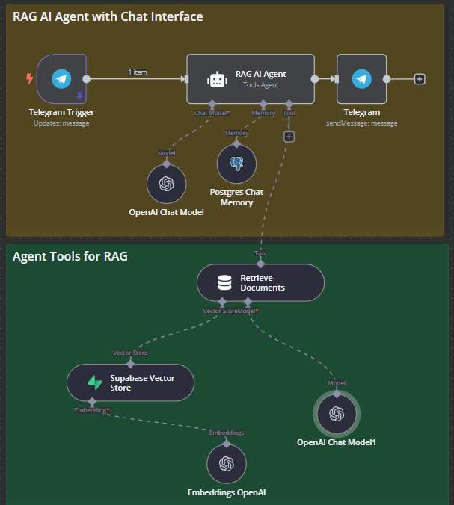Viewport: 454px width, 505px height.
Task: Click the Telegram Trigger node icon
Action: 61,78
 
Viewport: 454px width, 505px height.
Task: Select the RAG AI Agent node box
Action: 251,78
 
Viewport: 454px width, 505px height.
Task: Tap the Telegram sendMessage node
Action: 362,78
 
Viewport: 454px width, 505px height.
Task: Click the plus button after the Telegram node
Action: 420,78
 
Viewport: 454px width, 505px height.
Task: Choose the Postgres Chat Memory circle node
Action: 236,164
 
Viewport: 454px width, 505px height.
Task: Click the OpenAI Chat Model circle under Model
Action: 166,183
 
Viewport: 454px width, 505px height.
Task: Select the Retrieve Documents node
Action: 260,283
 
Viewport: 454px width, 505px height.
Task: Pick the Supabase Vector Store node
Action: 130,383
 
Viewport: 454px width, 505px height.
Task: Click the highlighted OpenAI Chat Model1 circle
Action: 337,414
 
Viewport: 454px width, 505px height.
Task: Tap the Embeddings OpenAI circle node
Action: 226,463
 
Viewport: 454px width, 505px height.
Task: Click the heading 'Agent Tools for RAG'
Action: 70,256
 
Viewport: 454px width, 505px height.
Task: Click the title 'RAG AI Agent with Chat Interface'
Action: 108,16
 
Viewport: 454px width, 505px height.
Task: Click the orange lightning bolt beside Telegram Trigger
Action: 29,78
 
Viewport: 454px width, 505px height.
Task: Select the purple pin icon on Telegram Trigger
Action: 80,96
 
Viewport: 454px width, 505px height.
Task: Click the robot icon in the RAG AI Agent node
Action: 217,79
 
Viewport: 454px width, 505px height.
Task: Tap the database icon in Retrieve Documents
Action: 224,283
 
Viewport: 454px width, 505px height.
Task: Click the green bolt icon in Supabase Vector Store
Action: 95,383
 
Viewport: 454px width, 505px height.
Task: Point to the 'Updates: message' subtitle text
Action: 61,123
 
